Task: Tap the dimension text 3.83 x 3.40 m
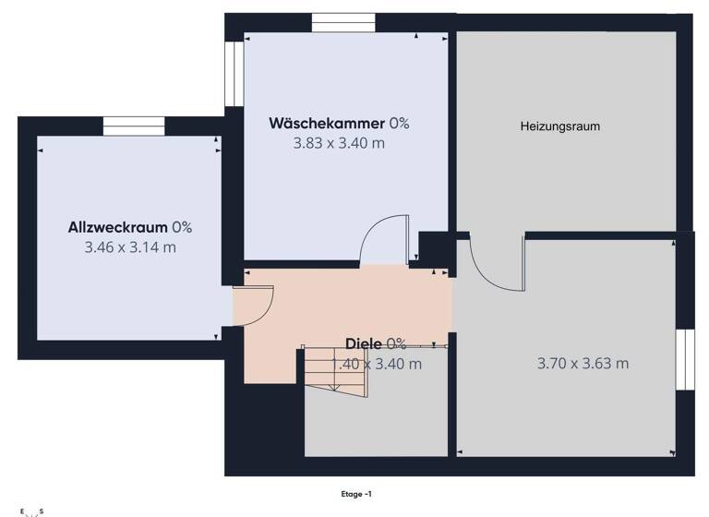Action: (339, 143)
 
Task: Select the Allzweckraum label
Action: (117, 227)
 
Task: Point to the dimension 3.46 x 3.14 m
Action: (130, 247)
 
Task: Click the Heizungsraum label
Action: (559, 126)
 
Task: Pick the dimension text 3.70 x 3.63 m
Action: (583, 364)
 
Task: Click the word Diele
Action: (365, 344)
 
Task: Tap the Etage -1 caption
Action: (356, 494)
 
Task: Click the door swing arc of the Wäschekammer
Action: (379, 235)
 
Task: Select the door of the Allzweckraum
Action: (258, 305)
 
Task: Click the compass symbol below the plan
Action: (30, 511)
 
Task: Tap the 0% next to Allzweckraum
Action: (182, 227)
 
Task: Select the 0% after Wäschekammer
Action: (399, 123)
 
